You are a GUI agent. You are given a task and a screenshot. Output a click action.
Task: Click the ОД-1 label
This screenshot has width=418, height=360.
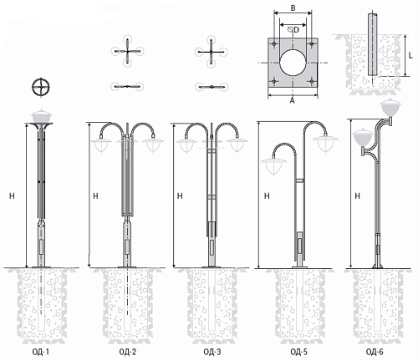coord(41,352)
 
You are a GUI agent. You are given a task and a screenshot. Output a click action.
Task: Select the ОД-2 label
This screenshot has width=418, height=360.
coord(128,352)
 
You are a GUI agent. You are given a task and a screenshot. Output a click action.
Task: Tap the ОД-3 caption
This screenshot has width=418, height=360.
coord(212,352)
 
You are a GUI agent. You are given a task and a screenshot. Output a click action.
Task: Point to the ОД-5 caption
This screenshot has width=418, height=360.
coord(299,352)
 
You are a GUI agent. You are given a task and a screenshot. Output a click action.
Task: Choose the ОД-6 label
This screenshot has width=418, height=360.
coord(375,352)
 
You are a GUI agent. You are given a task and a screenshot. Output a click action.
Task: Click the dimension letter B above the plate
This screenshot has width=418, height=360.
coord(293,8)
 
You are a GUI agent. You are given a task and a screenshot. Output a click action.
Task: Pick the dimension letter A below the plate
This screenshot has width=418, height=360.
coord(292,100)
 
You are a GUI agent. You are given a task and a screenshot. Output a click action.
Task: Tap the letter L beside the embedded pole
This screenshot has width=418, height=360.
coord(410,55)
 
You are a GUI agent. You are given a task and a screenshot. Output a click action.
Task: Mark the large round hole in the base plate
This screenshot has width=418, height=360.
coord(293,63)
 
